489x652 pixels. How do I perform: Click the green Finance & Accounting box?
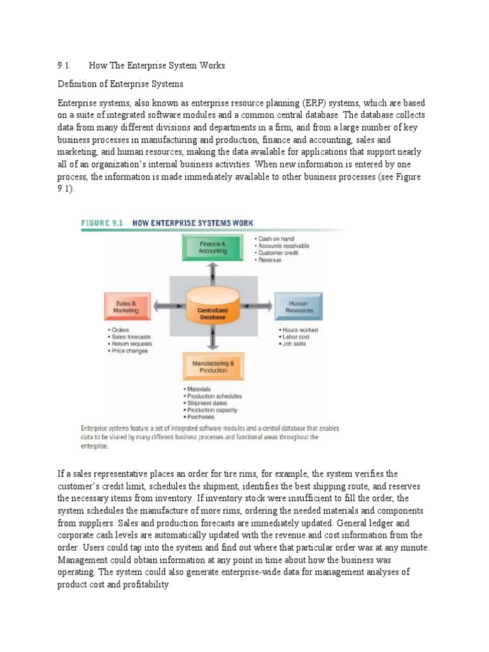click(x=213, y=247)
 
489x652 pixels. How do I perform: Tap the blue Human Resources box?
click(x=298, y=306)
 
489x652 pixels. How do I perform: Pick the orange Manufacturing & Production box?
click(x=213, y=367)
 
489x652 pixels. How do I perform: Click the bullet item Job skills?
click(x=293, y=344)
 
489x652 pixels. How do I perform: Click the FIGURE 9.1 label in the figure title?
click(x=102, y=223)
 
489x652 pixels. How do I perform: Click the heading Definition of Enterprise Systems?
click(x=120, y=84)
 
